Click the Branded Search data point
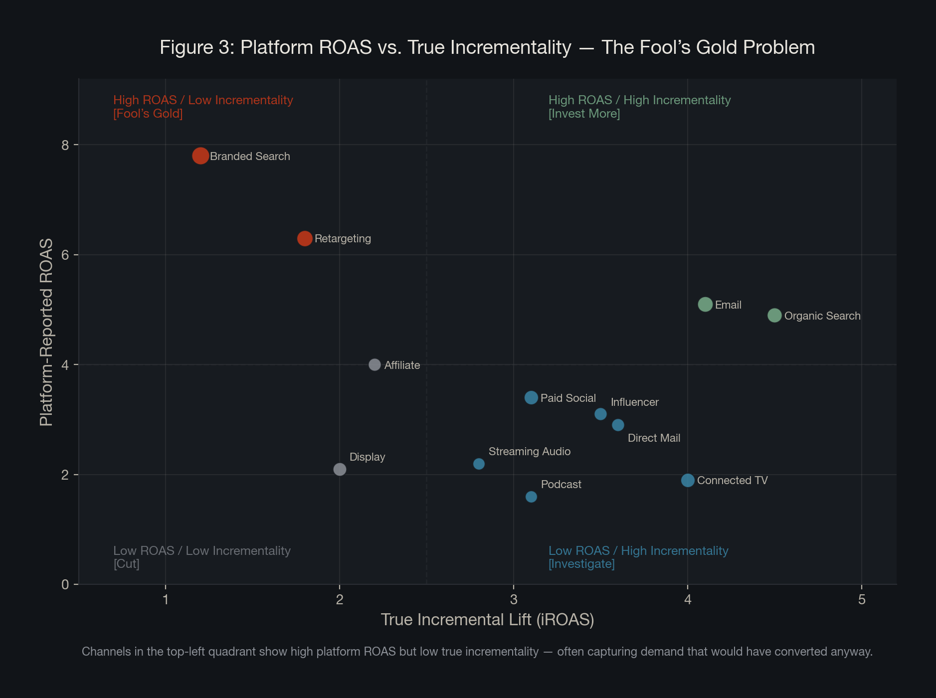[200, 156]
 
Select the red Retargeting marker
[305, 238]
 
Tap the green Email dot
[705, 304]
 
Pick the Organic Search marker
[774, 315]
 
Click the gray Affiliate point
[374, 365]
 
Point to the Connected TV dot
[688, 480]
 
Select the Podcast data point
[531, 497]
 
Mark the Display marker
[340, 469]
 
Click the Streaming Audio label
[529, 452]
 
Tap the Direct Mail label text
[654, 438]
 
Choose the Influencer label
[634, 402]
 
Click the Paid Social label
[568, 398]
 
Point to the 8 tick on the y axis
[65, 145]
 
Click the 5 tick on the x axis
[862, 599]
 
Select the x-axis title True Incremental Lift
[487, 620]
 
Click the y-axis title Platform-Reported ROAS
[46, 332]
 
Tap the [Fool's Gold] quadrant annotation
[148, 114]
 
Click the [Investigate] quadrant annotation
[581, 564]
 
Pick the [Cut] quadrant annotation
[126, 564]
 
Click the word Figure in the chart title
[186, 47]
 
